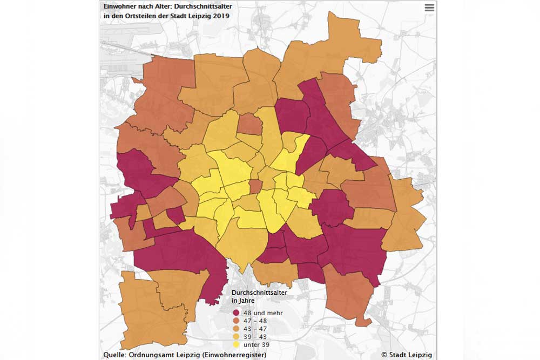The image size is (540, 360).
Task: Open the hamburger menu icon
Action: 429,8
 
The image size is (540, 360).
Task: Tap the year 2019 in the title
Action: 221,16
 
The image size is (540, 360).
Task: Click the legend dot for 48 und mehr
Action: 236,313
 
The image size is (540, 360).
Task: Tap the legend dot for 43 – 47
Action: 236,329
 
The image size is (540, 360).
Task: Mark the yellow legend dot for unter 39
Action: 236,344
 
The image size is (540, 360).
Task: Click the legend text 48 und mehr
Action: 263,313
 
